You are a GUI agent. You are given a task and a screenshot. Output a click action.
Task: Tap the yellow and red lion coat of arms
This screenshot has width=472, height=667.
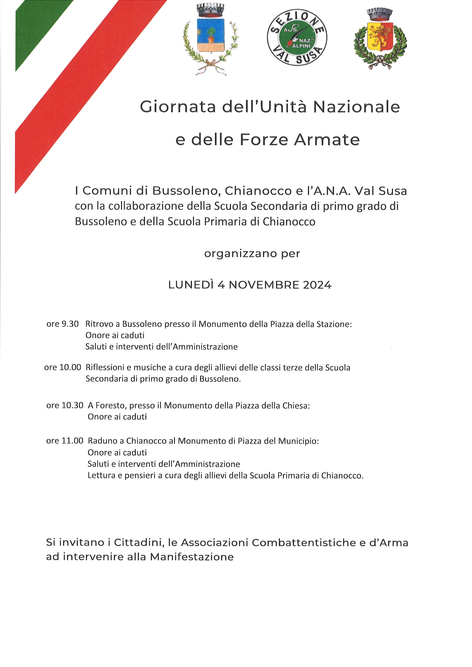coord(380,38)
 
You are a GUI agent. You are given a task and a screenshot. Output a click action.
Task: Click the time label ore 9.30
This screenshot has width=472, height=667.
coord(62,324)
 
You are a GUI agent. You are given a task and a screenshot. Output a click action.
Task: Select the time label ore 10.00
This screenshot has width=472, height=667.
coord(62,367)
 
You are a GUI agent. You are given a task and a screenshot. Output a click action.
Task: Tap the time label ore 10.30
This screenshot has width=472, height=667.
coord(65,405)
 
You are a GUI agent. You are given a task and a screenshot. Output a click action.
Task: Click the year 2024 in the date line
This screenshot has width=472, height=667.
coord(317,285)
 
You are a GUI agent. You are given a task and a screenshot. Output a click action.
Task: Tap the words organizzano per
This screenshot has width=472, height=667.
coord(252,254)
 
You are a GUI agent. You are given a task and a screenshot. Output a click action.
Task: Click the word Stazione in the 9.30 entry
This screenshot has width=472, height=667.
coord(332,324)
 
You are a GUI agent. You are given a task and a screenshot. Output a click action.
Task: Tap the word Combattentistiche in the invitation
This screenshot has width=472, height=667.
coord(304,542)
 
